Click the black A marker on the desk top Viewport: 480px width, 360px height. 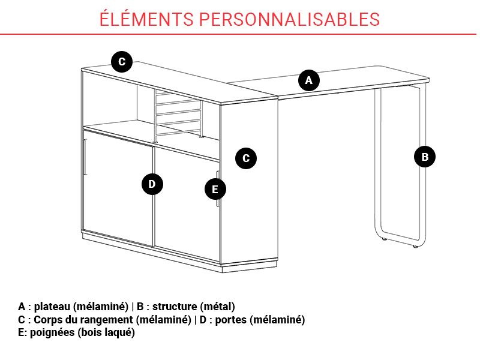point(309,80)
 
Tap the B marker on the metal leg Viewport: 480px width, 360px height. point(425,157)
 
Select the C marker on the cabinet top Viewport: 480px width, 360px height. point(122,62)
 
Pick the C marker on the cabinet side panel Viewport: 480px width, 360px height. point(246,158)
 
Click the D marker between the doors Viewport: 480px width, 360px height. point(152,184)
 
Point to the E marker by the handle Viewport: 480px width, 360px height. point(215,189)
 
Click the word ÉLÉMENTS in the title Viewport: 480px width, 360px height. point(146,19)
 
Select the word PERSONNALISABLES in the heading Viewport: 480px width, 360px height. point(290,19)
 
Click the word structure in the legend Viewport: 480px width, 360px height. point(175,307)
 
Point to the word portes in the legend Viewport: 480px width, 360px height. point(231,320)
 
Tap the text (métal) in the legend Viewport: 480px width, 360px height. point(218,307)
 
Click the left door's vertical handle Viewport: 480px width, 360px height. point(85,157)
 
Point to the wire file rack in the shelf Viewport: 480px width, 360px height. point(178,116)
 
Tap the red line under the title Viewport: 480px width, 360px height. point(238,34)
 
